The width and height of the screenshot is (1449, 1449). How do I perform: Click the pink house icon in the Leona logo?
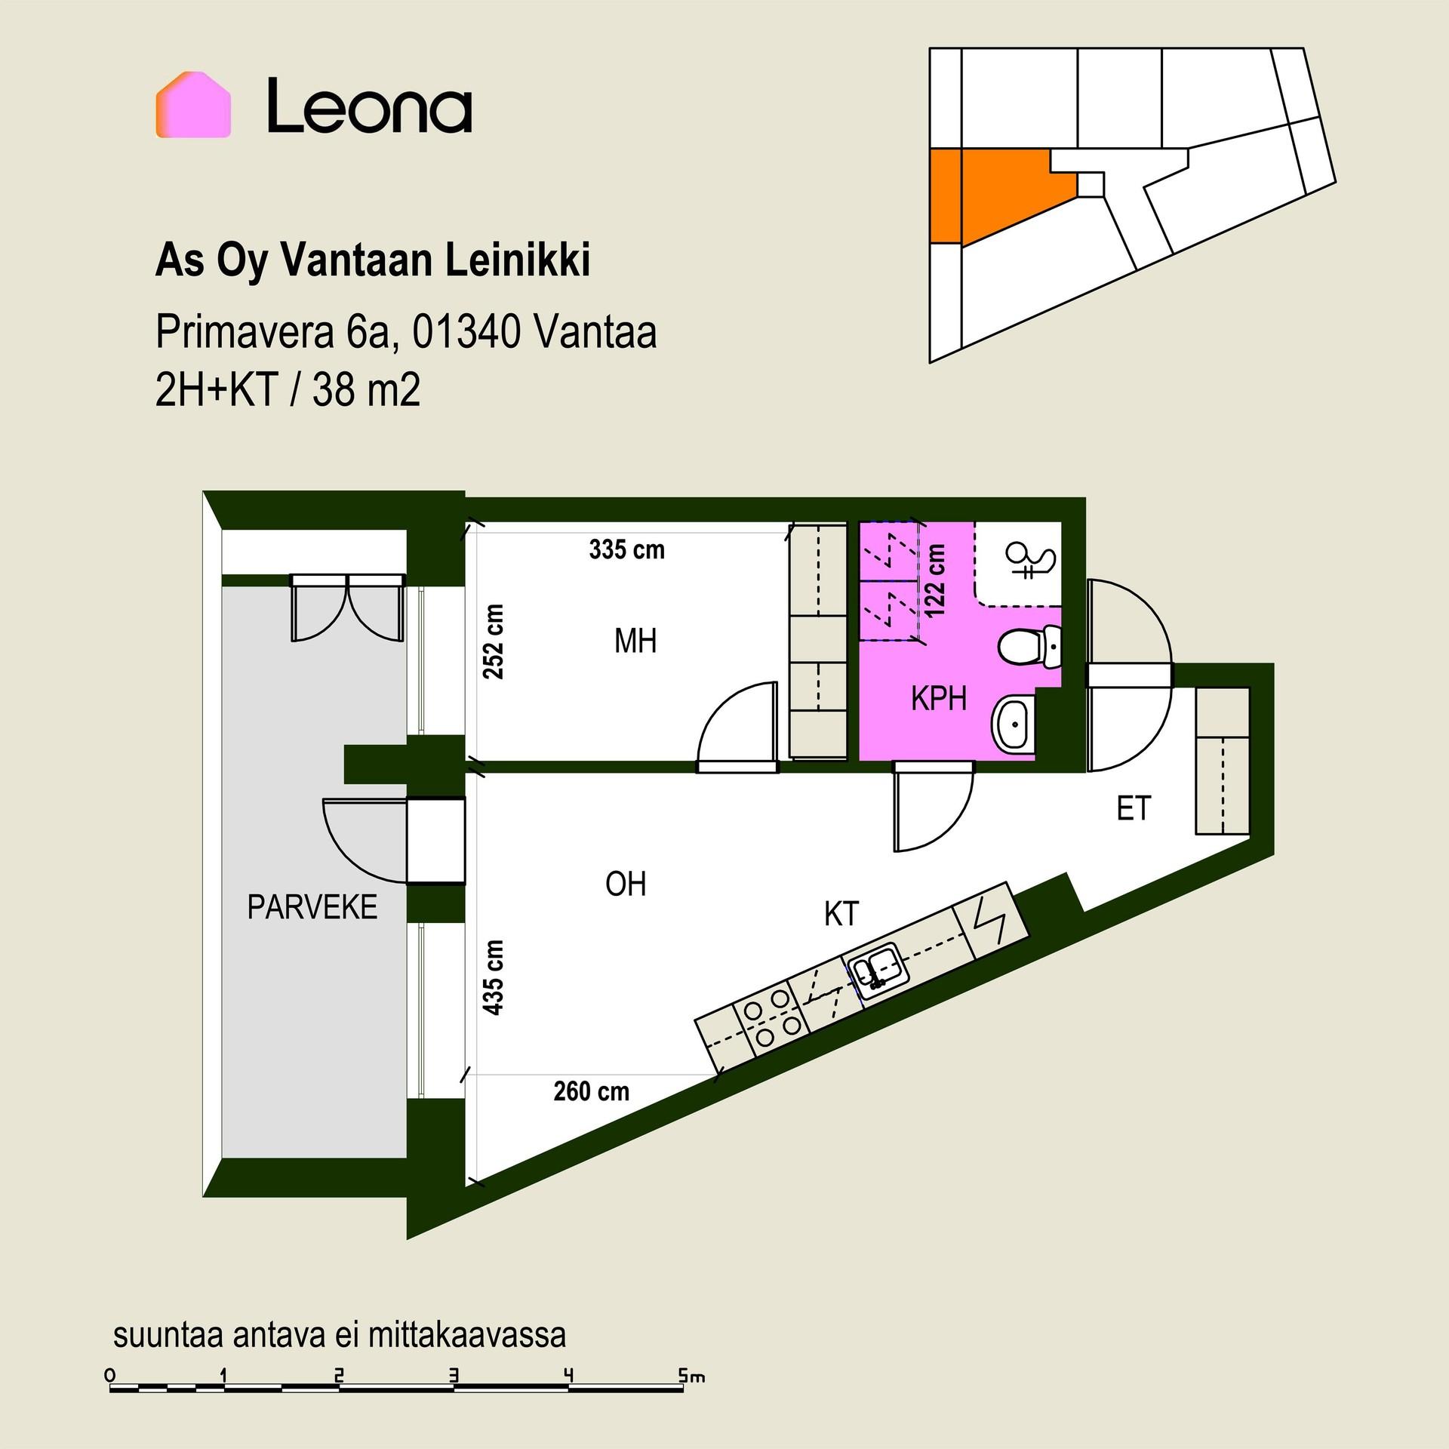point(193,105)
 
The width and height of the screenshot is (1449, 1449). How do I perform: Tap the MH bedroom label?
point(635,641)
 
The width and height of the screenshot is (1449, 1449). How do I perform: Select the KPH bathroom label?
point(939,700)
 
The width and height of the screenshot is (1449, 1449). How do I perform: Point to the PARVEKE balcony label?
point(312,907)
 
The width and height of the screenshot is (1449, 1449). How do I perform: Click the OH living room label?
point(626,884)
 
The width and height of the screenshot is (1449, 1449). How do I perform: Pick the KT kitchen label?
point(841,914)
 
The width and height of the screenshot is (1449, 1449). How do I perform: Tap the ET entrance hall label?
point(1134,809)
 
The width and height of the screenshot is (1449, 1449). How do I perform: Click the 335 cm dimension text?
point(627,549)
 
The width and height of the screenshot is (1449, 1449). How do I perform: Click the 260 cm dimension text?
point(592,1091)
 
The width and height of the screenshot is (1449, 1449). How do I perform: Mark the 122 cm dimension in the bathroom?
point(935,581)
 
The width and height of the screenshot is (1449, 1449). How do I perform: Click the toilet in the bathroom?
point(1030,647)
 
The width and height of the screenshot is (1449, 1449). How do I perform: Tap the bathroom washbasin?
point(1013,724)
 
